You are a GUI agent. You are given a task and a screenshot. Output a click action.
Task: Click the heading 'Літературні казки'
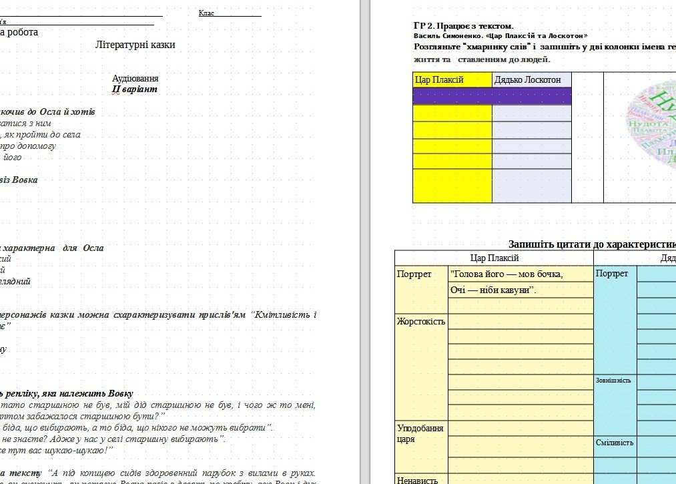point(135,45)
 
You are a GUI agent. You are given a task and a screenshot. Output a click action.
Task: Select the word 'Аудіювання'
point(135,78)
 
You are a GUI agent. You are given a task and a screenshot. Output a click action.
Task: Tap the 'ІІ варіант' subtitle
point(135,89)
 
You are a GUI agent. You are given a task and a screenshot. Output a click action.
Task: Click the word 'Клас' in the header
point(206,13)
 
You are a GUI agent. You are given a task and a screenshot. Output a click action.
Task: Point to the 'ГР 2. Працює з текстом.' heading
point(463,26)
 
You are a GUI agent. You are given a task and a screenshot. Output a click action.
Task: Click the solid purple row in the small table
point(492,96)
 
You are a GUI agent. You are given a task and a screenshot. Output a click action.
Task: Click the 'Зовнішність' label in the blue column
point(613,381)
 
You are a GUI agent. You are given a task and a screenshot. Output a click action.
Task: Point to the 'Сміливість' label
point(614,443)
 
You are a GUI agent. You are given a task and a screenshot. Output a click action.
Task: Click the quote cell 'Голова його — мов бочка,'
point(507,274)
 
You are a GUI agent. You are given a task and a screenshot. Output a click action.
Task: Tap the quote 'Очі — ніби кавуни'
point(494,290)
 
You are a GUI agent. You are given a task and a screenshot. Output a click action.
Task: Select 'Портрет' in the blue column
point(612,274)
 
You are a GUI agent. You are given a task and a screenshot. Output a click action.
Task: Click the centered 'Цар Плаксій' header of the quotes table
point(494,258)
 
